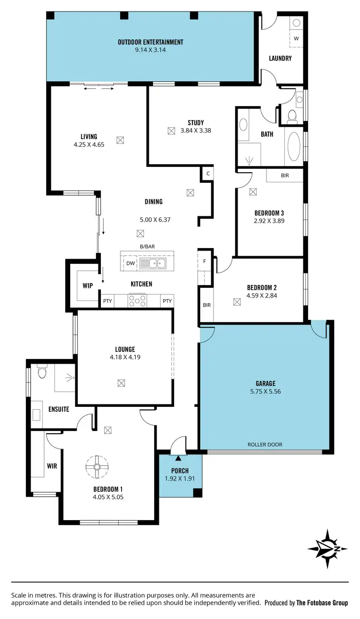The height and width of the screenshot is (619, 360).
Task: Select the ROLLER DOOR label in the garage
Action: [x=265, y=444]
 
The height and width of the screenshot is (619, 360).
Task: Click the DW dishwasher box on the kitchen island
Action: [x=130, y=263]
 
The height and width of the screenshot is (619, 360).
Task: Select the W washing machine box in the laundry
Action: [x=296, y=38]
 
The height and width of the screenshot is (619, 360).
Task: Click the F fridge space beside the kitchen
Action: [x=204, y=262]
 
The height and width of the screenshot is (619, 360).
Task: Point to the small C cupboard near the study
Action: [x=207, y=174]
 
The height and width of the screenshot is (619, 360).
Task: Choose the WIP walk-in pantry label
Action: [x=87, y=286]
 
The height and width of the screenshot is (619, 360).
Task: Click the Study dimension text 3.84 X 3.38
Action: [x=195, y=131]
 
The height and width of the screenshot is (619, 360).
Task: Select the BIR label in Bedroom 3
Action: [x=285, y=176]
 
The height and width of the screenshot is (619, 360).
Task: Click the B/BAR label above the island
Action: [x=147, y=247]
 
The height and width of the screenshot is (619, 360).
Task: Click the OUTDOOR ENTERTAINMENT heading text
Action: [x=150, y=42]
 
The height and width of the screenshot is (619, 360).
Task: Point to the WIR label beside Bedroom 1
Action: [x=51, y=466]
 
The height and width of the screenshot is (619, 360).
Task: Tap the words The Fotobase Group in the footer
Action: [x=322, y=603]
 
